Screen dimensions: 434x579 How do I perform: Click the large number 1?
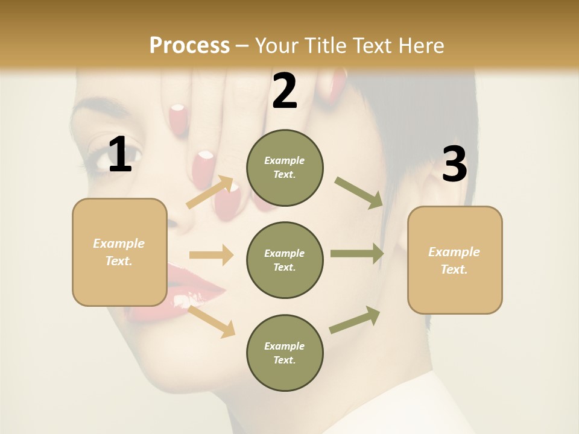point(120,154)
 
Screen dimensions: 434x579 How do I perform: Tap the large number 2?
point(285,91)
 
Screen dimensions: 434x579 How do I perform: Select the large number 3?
point(454,165)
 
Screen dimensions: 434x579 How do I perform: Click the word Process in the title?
point(189,45)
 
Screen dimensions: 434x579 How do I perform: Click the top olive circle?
point(285,168)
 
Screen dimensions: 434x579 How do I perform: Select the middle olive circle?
point(285,260)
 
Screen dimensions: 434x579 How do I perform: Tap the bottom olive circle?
point(285,353)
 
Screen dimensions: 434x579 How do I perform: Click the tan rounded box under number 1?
point(119,252)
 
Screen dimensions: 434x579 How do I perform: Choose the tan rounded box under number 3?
point(455,260)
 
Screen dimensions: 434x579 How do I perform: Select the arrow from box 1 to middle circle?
point(211,255)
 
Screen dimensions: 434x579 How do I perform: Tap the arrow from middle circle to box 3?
point(357,254)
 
